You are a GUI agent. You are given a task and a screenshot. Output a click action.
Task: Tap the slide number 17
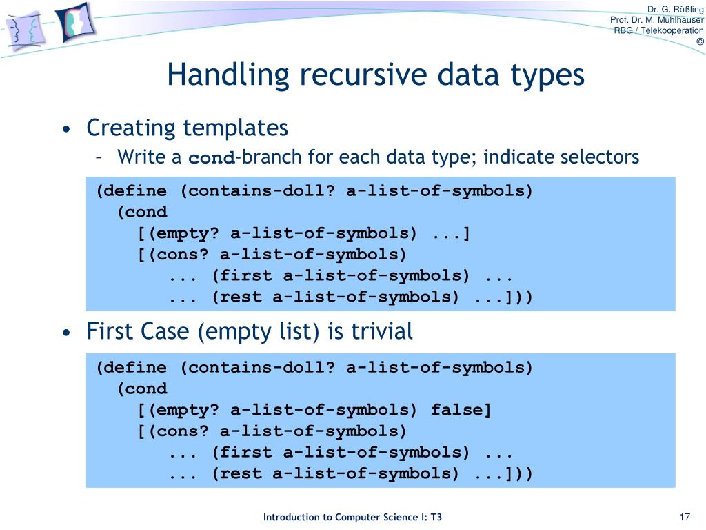685,518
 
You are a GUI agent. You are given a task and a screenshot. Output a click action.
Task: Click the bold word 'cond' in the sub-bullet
212,158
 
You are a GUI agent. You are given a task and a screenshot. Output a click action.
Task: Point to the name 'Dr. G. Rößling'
676,8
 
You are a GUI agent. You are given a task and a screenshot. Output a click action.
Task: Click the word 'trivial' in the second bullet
381,332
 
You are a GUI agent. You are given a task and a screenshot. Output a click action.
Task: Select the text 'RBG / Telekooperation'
658,30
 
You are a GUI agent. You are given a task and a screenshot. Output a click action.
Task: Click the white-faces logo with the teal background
75,23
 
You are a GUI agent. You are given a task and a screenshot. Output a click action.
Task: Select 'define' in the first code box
136,191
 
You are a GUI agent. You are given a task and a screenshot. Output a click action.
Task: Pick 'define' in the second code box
136,368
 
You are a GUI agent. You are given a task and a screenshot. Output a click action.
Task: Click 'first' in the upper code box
245,276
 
